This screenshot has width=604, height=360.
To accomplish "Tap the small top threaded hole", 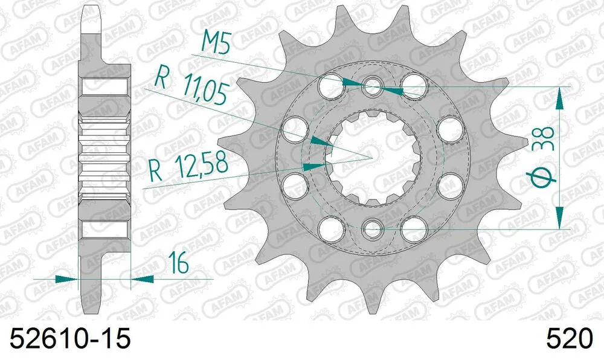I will [x=372, y=87].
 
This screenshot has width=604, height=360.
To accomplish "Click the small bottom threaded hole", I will [x=372, y=229].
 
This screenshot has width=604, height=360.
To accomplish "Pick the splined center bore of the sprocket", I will [x=372, y=158].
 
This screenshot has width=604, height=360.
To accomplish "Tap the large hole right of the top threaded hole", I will [x=413, y=83].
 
